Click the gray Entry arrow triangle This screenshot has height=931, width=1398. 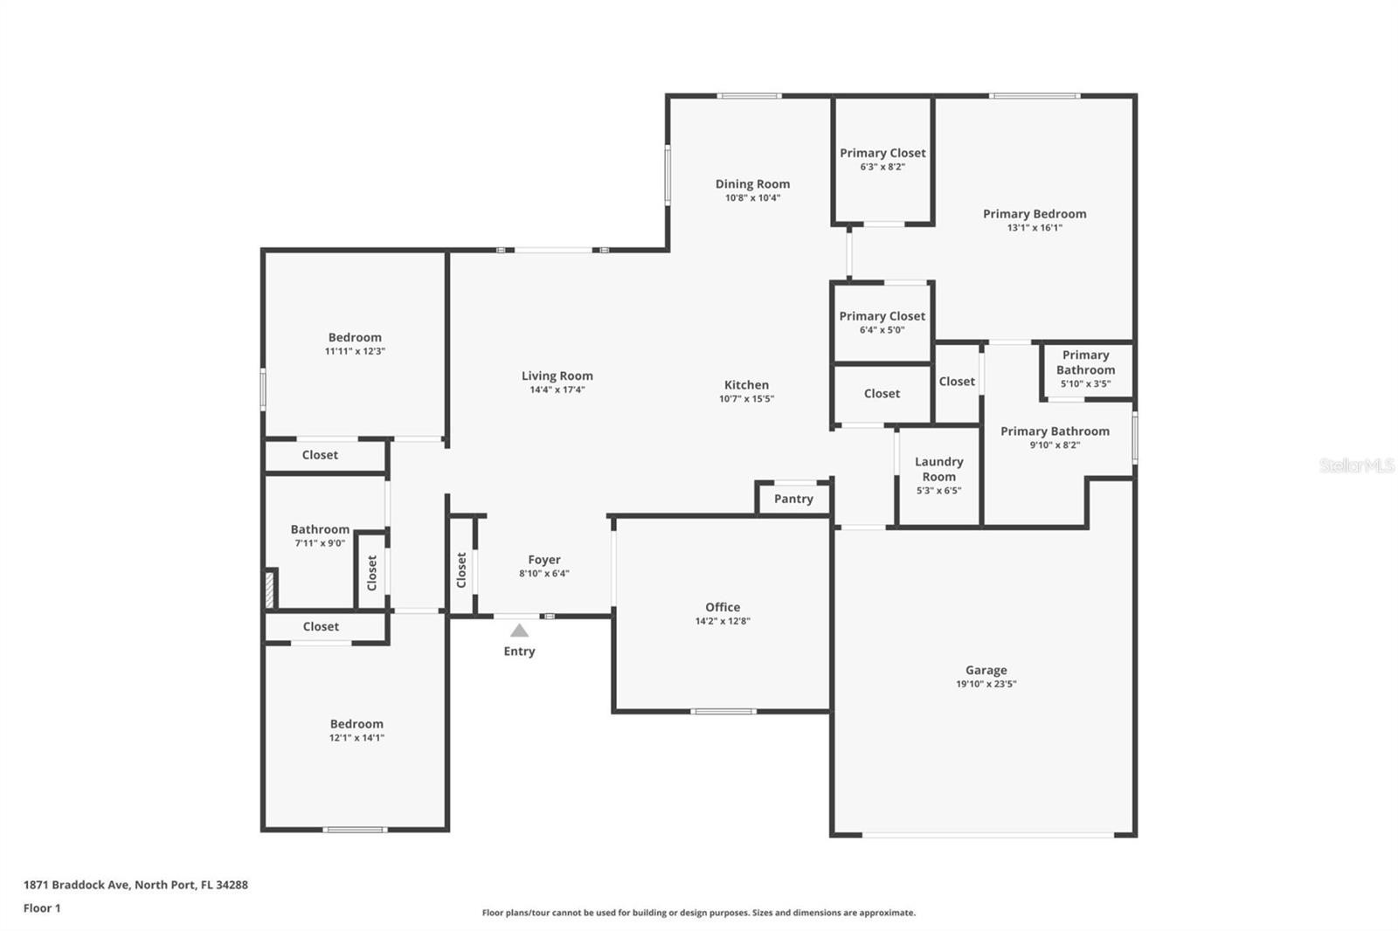(x=519, y=631)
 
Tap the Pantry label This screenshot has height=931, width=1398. (x=793, y=499)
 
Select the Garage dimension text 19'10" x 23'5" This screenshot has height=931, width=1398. (x=986, y=684)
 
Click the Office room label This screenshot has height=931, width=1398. (x=723, y=606)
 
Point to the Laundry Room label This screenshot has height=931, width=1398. (x=938, y=469)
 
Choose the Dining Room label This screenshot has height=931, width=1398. (x=752, y=184)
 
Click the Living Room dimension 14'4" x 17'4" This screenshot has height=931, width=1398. (x=557, y=390)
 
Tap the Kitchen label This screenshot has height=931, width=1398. (x=746, y=384)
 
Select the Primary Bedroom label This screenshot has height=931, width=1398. (x=1035, y=213)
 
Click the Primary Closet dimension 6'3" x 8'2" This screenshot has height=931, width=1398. (x=882, y=167)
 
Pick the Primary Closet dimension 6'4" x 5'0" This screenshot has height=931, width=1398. (x=882, y=330)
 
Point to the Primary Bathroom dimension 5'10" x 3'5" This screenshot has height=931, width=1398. (x=1085, y=383)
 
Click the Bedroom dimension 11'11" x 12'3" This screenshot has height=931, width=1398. (x=355, y=351)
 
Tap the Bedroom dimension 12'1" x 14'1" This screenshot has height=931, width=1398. (x=356, y=738)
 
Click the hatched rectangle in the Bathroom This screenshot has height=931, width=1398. (x=270, y=590)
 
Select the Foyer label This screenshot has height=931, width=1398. (x=544, y=560)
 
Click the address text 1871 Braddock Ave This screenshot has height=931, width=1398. (x=77, y=884)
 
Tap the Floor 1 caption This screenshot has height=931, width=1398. (x=42, y=908)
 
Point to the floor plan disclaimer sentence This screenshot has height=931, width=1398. (x=698, y=913)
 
